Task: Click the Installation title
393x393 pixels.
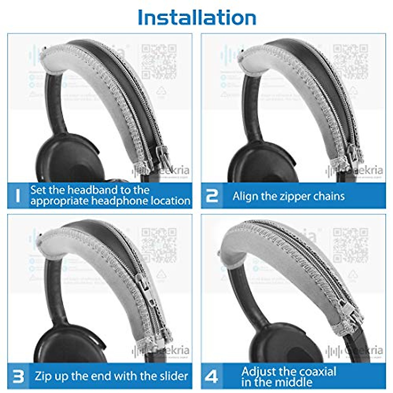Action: (x=197, y=17)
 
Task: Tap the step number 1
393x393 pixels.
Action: (x=18, y=196)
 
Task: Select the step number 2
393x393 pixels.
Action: (x=212, y=196)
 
